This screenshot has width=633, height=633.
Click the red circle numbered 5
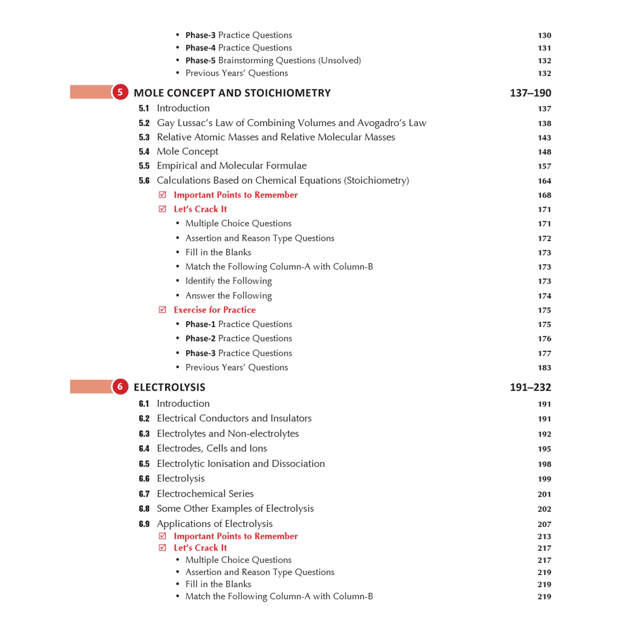click(120, 92)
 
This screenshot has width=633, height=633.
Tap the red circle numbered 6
click(120, 387)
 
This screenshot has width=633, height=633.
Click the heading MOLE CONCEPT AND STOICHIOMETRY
click(232, 93)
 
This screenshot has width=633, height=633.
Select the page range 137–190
click(530, 93)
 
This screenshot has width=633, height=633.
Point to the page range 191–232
click(530, 387)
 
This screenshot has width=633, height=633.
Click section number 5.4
click(144, 151)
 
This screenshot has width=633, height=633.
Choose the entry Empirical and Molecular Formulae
click(231, 165)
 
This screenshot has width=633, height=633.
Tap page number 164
click(544, 181)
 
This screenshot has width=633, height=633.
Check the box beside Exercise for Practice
click(162, 310)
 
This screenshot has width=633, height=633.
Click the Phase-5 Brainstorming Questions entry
click(273, 60)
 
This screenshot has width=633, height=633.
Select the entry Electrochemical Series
click(205, 493)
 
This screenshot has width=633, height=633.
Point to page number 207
click(544, 524)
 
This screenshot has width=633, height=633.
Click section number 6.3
click(144, 434)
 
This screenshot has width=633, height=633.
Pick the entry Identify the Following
click(228, 281)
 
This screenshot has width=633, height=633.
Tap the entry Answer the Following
click(228, 295)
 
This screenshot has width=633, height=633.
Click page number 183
click(544, 368)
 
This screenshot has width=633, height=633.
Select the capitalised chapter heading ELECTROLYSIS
click(169, 387)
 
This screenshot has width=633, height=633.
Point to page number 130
click(544, 35)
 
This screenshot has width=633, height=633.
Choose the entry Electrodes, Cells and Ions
click(211, 448)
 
